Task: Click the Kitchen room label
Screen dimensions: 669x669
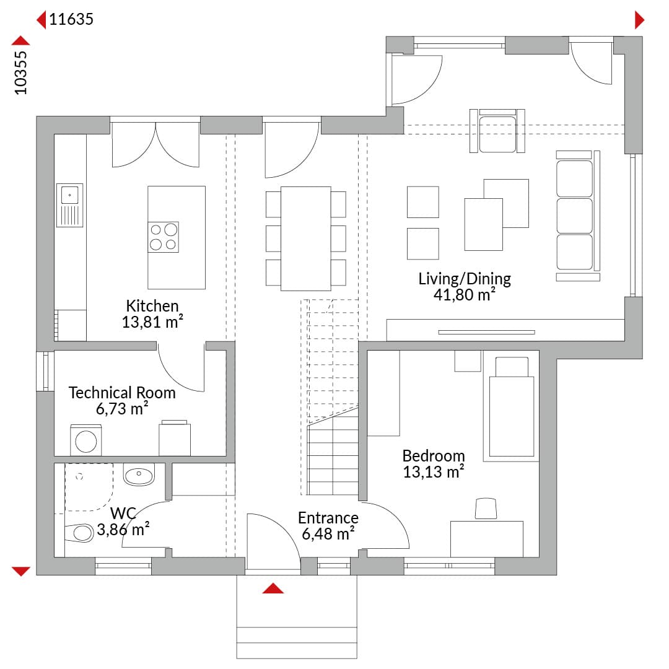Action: (x=152, y=306)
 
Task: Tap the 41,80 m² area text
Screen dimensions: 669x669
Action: (x=464, y=295)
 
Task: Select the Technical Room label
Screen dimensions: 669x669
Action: (x=122, y=393)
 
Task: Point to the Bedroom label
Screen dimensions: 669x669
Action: (x=434, y=456)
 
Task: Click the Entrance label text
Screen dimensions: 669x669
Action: (x=328, y=517)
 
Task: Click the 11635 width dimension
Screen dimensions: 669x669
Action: (x=71, y=19)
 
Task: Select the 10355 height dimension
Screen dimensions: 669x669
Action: (x=20, y=72)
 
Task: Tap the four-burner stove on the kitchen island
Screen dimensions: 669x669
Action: (x=164, y=237)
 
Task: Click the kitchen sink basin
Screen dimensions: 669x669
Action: (x=69, y=195)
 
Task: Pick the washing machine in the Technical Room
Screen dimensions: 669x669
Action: (x=85, y=440)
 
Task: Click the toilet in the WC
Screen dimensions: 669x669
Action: (x=79, y=533)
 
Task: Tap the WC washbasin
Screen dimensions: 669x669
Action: (x=139, y=475)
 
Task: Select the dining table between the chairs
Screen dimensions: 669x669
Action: (x=305, y=238)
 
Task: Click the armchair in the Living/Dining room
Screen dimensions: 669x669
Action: (x=497, y=131)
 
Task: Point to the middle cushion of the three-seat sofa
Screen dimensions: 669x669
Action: (x=574, y=216)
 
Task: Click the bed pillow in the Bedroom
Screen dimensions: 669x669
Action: (x=512, y=367)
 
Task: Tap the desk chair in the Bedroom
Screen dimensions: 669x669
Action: (x=486, y=509)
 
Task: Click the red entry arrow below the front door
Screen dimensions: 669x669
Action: (x=273, y=588)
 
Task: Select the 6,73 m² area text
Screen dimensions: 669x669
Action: (x=122, y=409)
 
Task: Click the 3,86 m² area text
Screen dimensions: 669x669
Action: (x=123, y=530)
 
